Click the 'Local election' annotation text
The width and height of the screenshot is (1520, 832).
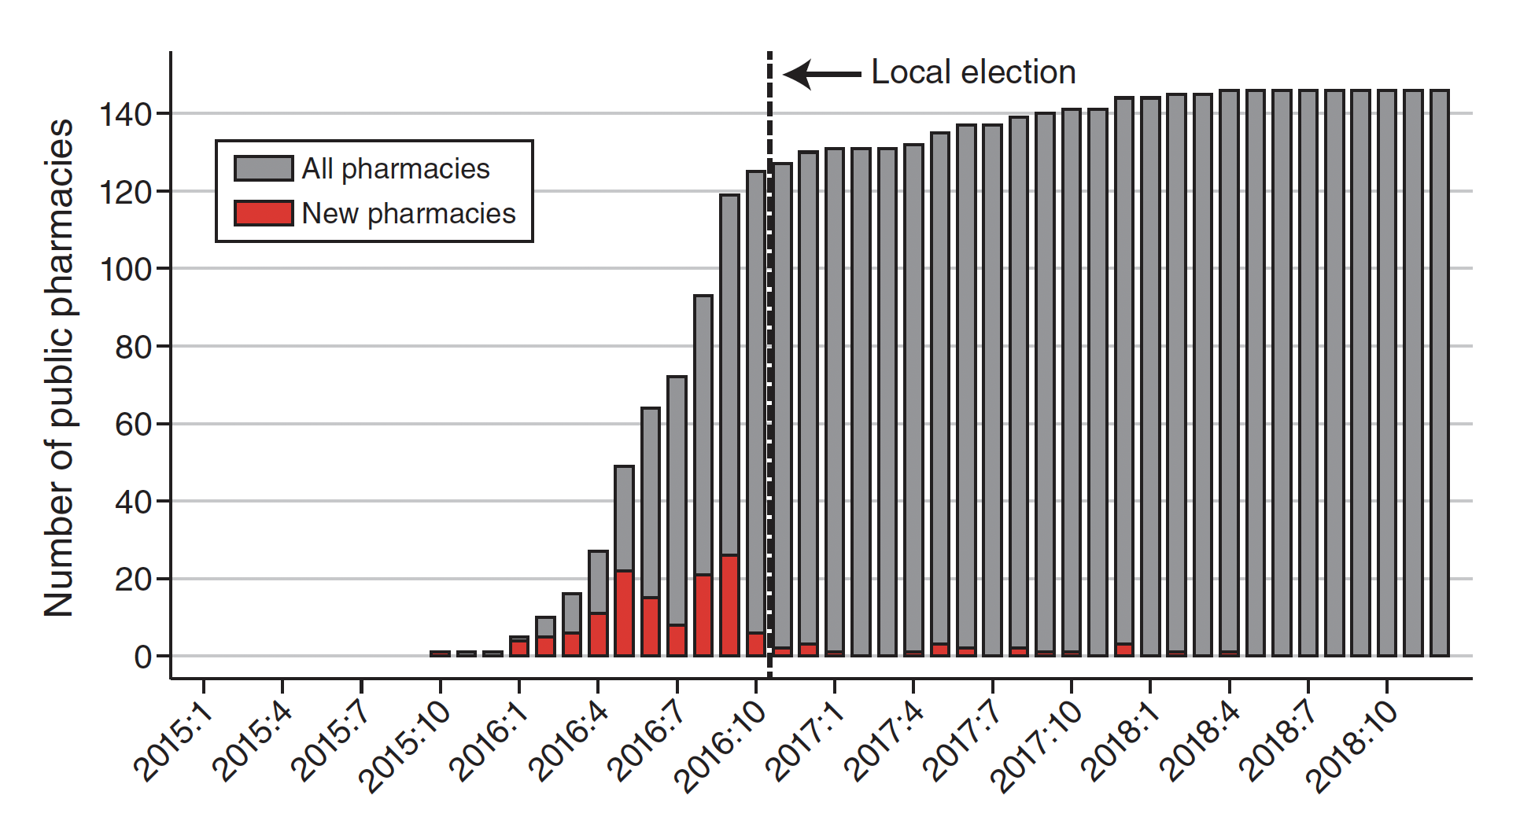(x=973, y=72)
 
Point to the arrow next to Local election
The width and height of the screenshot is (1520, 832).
(x=822, y=75)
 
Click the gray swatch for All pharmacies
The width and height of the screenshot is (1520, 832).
(x=264, y=168)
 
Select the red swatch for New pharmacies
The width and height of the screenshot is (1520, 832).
(x=264, y=213)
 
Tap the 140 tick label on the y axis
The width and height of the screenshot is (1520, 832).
(x=125, y=115)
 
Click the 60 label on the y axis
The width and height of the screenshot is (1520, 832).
(x=133, y=425)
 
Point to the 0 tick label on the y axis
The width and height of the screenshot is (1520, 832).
(x=142, y=657)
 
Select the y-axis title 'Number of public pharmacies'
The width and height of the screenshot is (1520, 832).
(x=59, y=367)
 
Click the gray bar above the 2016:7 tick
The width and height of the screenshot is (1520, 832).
(x=677, y=495)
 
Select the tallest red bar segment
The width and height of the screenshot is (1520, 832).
(x=729, y=606)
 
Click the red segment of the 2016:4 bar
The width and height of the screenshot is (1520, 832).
(x=598, y=634)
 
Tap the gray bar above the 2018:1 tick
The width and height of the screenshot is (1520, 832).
(x=1150, y=377)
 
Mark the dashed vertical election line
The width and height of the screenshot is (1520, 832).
(x=769, y=354)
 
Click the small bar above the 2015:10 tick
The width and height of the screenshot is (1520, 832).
(x=441, y=653)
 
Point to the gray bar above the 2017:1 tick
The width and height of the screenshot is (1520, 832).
(x=835, y=393)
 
